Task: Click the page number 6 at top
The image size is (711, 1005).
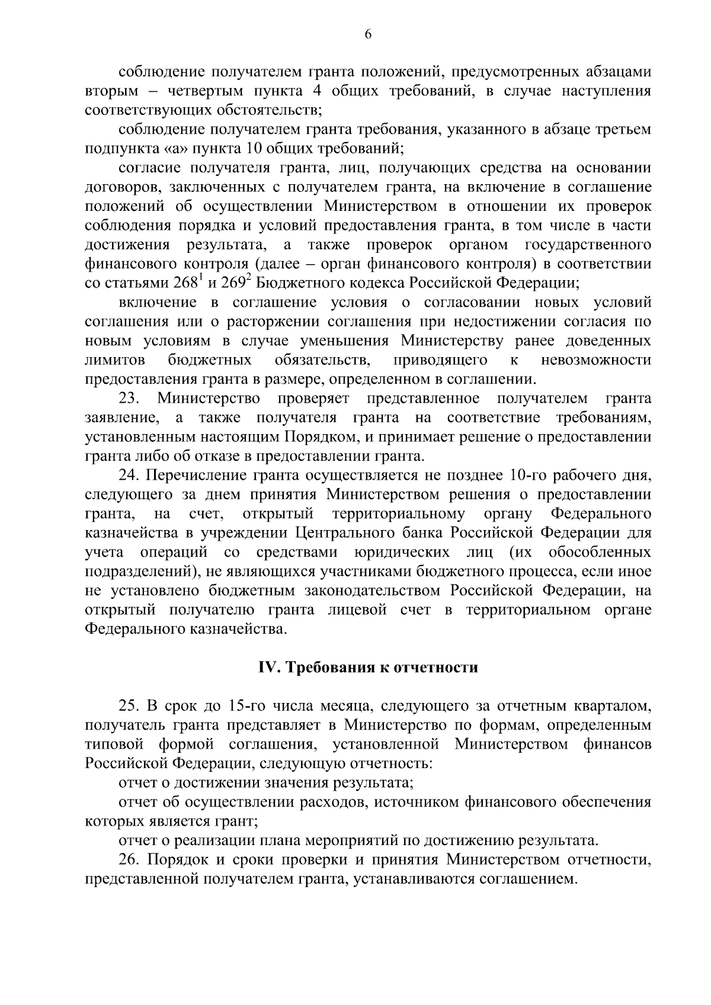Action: [367, 35]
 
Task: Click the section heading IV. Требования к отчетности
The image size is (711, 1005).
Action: [367, 667]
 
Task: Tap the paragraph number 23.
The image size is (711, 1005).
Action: [129, 399]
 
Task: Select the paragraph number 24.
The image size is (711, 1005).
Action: [129, 476]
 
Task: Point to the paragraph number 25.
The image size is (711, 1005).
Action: [129, 706]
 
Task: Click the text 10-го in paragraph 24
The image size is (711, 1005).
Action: [524, 476]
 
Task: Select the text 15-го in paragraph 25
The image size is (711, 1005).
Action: [245, 706]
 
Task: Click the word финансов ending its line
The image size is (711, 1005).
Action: [617, 744]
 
